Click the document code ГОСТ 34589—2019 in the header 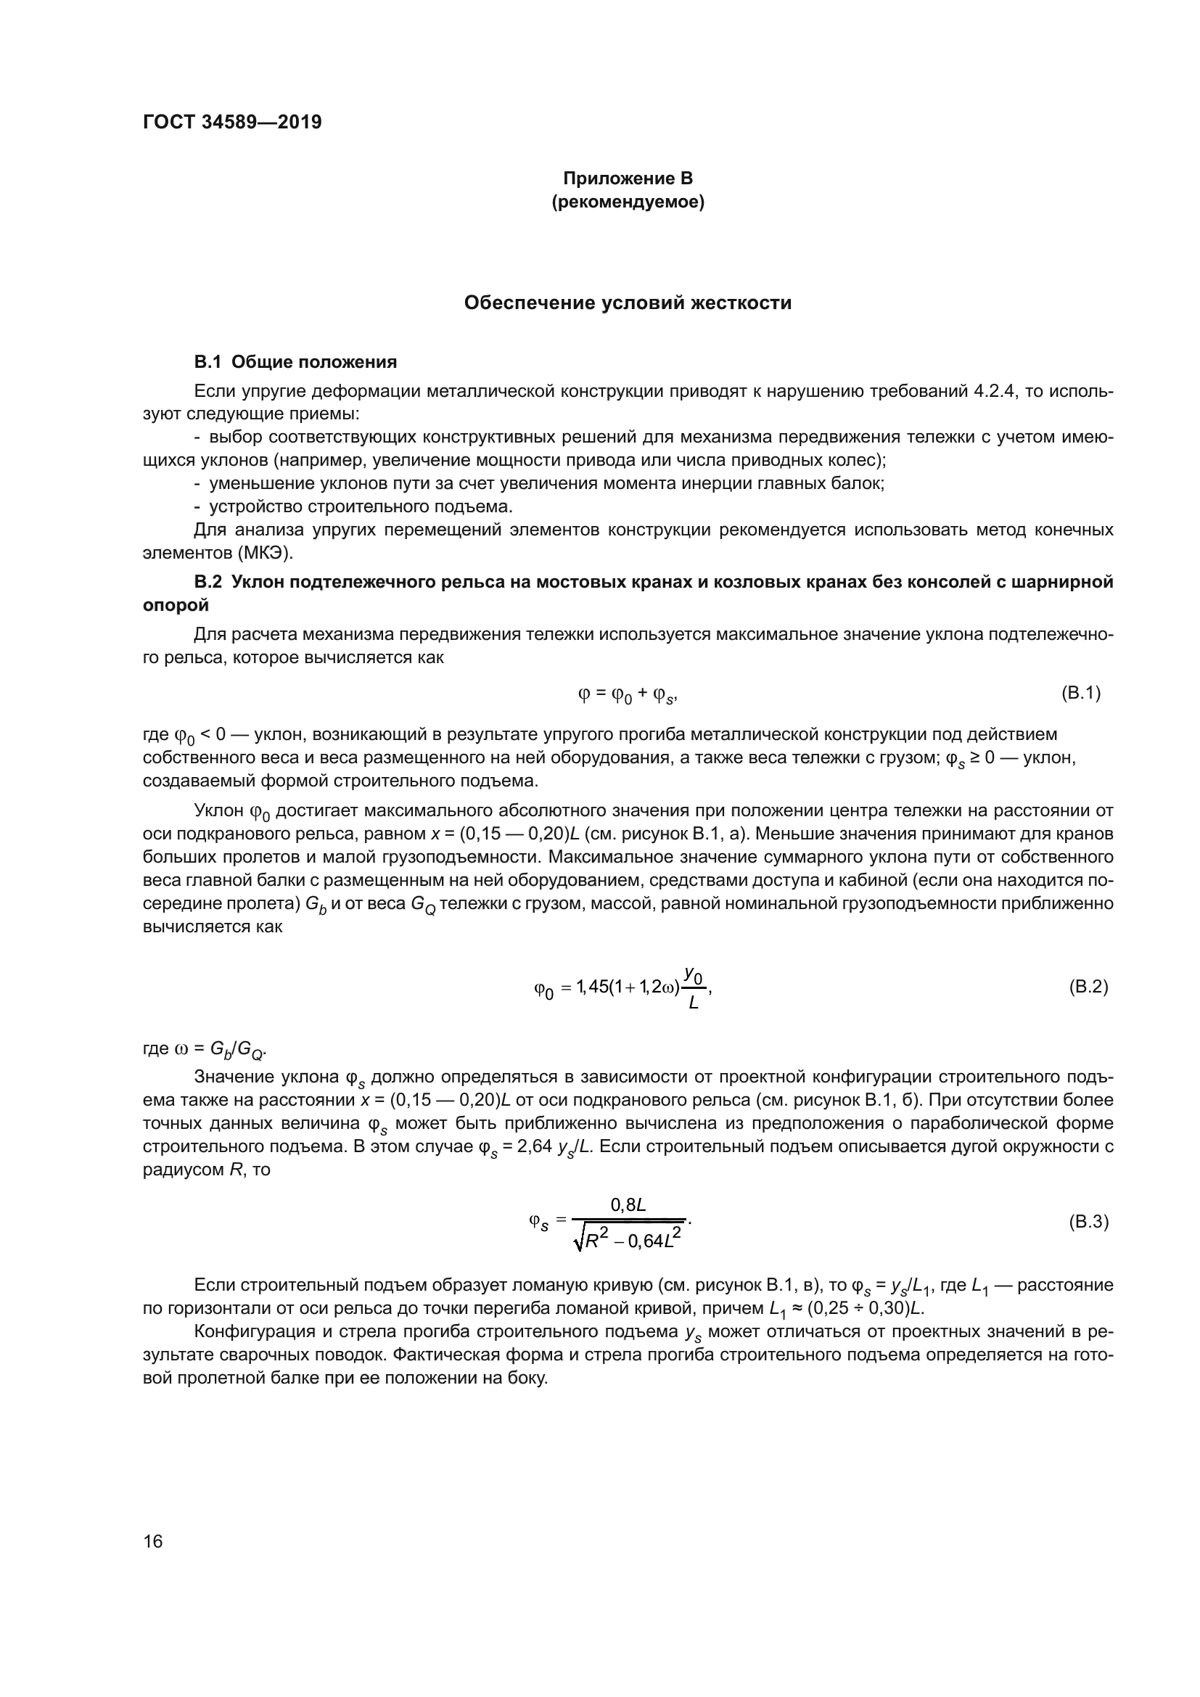pos(232,122)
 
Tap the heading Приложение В pos(628,178)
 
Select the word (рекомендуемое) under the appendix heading pos(628,202)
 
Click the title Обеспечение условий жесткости pos(628,303)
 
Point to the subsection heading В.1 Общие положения pos(295,362)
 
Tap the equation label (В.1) pos(1081,693)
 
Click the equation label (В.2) pos(1088,987)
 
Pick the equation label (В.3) pos(1088,1222)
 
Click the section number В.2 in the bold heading pos(207,582)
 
